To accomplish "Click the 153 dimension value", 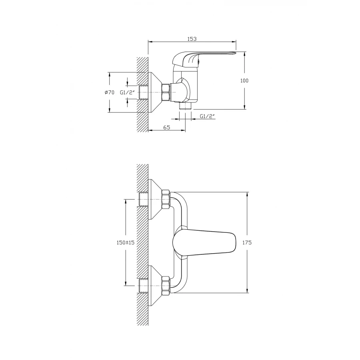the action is click(x=192, y=39).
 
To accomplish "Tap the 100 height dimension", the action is click(x=244, y=80).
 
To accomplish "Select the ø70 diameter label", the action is click(x=109, y=92).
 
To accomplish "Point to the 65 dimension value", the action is click(x=167, y=127).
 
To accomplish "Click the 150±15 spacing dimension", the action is click(x=126, y=242).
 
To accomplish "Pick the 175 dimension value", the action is click(x=247, y=242).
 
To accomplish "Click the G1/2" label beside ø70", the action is click(x=128, y=92).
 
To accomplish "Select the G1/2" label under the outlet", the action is click(x=207, y=116).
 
